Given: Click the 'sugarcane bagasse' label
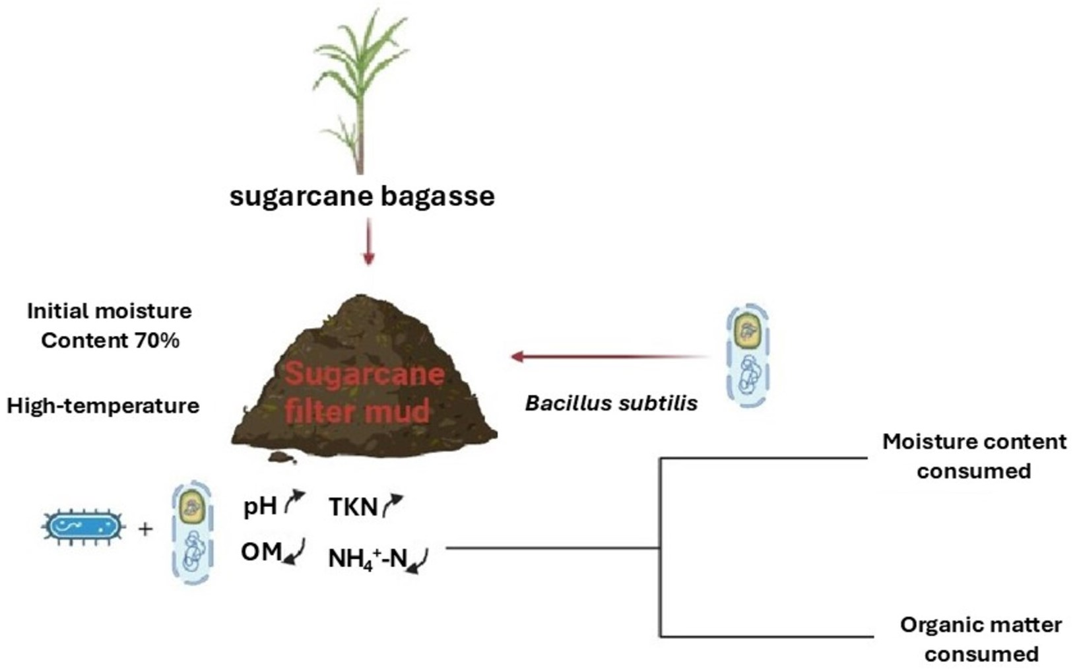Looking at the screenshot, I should (x=362, y=196).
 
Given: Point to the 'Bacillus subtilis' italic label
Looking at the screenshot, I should (x=611, y=403).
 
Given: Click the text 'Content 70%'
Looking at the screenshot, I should (x=110, y=341).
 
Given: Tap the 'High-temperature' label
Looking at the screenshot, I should (x=103, y=405).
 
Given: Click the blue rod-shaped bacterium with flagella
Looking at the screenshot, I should (x=83, y=527).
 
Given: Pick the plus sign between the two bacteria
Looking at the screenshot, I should (x=145, y=529).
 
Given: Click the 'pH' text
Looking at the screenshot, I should (x=260, y=506).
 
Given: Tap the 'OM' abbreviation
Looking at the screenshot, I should (x=261, y=551).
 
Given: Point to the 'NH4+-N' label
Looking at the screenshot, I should (x=368, y=559).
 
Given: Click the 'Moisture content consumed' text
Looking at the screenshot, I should (x=974, y=456).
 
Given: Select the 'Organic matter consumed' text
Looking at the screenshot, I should (x=981, y=639).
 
